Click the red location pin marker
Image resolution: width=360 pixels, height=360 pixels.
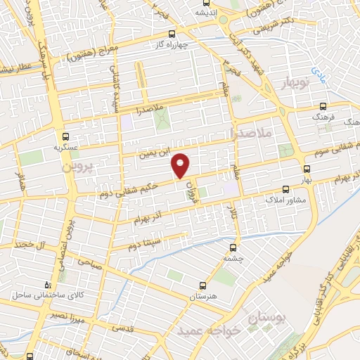tap(181, 165)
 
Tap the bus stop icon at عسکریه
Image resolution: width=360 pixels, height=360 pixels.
tap(65, 137)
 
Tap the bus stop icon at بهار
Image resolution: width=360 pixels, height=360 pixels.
tap(306, 168)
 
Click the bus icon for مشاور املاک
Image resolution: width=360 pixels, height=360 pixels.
tap(285, 189)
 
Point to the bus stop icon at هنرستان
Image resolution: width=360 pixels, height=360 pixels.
tap(202, 285)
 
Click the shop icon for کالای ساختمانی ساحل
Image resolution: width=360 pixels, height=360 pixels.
tap(47, 285)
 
